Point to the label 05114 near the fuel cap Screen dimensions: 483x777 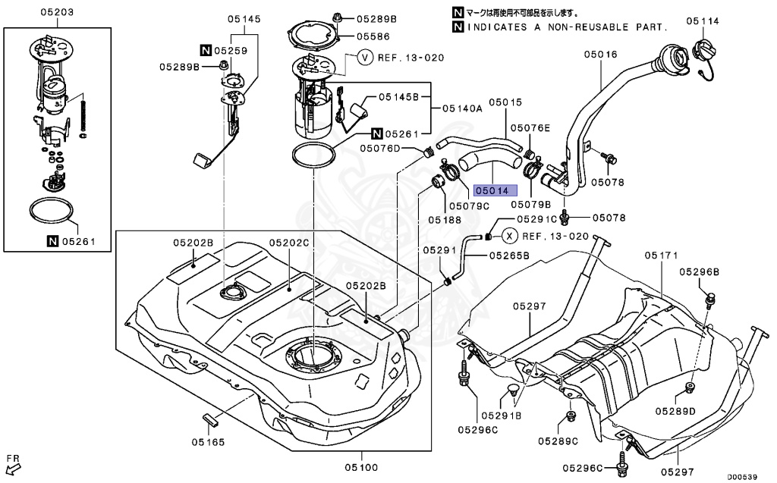[x=703, y=20]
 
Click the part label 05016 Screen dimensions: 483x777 [x=600, y=55]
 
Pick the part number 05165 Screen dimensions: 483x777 [x=207, y=441]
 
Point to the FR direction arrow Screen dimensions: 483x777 [x=12, y=463]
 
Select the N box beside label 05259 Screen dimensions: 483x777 [x=206, y=51]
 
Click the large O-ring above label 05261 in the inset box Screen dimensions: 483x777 [x=54, y=213]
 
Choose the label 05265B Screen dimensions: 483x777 [x=508, y=256]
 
